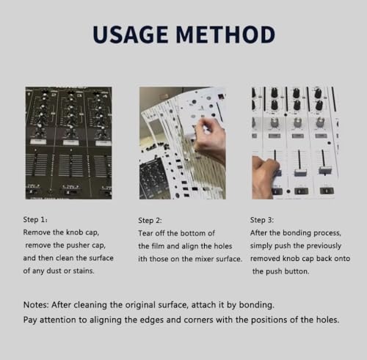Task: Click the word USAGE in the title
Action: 131,34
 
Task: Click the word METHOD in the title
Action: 225,34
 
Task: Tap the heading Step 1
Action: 35,220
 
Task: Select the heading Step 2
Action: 150,221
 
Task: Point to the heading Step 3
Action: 262,220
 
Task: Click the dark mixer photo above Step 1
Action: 69,143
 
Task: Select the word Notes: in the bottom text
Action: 36,305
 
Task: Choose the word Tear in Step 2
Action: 146,233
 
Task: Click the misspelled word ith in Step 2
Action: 142,259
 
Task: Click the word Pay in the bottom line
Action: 30,320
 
